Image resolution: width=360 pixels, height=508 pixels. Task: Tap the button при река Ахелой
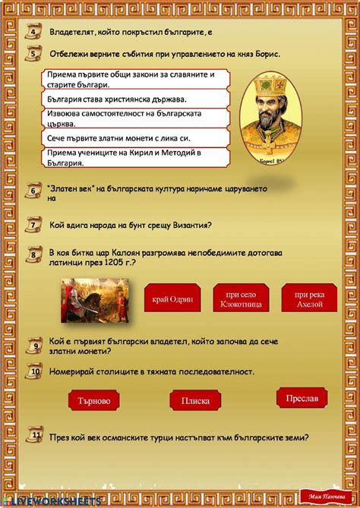(309, 298)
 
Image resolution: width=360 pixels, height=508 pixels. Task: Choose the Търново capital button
(95, 400)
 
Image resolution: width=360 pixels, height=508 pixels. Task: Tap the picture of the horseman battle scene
(97, 295)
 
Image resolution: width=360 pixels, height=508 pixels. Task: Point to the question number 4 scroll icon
(34, 32)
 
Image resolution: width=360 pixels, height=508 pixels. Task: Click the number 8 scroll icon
(35, 257)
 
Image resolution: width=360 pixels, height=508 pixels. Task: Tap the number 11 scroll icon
(35, 436)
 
